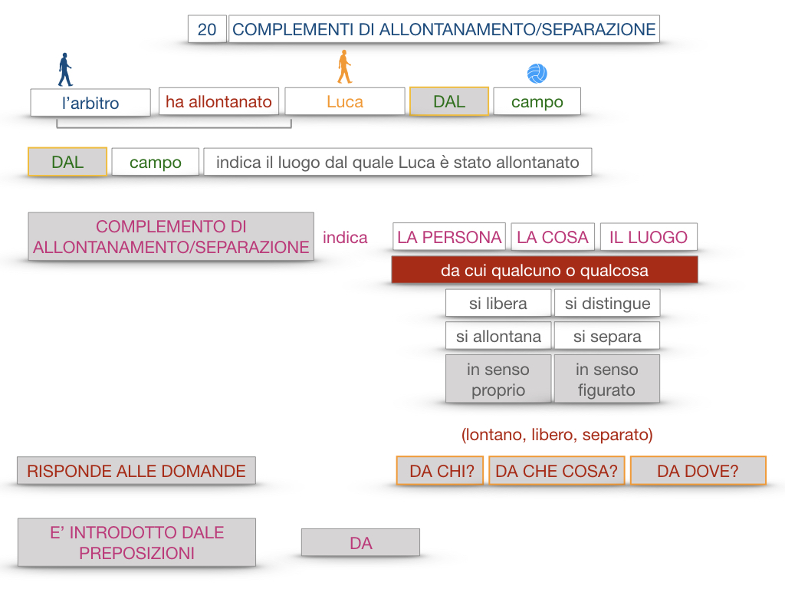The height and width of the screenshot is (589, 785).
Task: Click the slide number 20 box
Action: [x=207, y=29]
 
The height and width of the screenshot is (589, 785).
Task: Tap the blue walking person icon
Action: [x=65, y=70]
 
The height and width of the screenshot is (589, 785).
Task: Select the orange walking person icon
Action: [x=344, y=67]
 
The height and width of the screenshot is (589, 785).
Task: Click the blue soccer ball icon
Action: [x=537, y=74]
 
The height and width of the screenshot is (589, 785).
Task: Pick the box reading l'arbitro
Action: [x=90, y=103]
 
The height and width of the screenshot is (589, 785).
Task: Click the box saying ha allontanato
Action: [x=219, y=101]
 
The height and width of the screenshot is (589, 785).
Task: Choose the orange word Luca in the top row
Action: [x=344, y=101]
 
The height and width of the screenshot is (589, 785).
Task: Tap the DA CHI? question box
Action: [x=440, y=471]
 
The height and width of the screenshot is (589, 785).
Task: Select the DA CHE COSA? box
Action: [x=557, y=471]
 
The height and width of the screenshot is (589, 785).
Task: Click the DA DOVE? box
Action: [x=698, y=471]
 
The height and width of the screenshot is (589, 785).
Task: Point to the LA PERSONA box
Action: [x=449, y=237]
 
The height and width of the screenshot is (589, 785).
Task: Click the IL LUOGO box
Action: [x=649, y=237]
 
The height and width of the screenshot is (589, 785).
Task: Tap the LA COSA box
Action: [x=553, y=237]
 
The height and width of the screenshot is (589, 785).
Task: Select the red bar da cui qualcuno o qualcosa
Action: [x=544, y=270]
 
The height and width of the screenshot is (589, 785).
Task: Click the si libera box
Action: [x=498, y=303]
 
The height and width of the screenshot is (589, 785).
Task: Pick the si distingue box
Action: [x=607, y=303]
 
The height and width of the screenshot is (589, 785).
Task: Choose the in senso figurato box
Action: [x=606, y=379]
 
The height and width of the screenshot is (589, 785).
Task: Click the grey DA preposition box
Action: [x=360, y=543]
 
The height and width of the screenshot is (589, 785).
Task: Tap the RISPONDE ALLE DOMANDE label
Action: [x=136, y=471]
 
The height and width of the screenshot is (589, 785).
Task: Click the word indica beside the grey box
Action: [x=345, y=237]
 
